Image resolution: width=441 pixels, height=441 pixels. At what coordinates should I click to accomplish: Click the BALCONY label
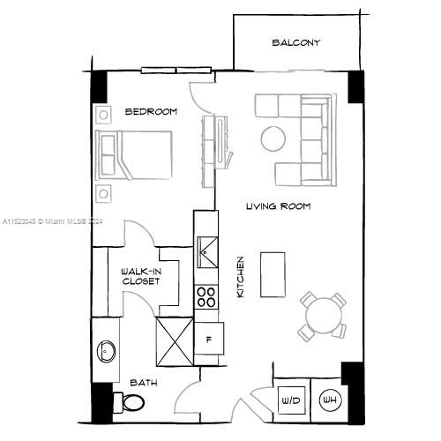[295, 42]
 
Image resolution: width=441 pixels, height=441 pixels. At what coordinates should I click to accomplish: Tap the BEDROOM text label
[151, 112]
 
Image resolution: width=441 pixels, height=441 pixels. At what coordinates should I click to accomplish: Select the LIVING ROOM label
[278, 206]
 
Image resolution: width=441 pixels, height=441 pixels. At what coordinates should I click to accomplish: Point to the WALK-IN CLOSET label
[140, 277]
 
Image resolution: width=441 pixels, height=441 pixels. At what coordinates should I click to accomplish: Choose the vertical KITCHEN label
[240, 276]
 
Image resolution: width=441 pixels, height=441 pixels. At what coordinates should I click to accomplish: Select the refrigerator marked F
[209, 338]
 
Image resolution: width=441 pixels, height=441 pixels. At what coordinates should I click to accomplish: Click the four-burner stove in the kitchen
[206, 296]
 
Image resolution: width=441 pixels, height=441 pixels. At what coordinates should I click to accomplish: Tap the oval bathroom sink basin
[106, 351]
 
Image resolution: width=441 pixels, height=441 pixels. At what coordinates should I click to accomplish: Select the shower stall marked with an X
[174, 340]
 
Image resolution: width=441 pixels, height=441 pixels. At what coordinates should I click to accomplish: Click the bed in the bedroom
[135, 153]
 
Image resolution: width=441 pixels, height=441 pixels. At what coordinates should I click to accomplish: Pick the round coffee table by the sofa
[272, 138]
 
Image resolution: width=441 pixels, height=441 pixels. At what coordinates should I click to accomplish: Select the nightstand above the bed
[103, 113]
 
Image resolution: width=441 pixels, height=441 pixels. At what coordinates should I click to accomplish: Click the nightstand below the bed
[103, 194]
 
